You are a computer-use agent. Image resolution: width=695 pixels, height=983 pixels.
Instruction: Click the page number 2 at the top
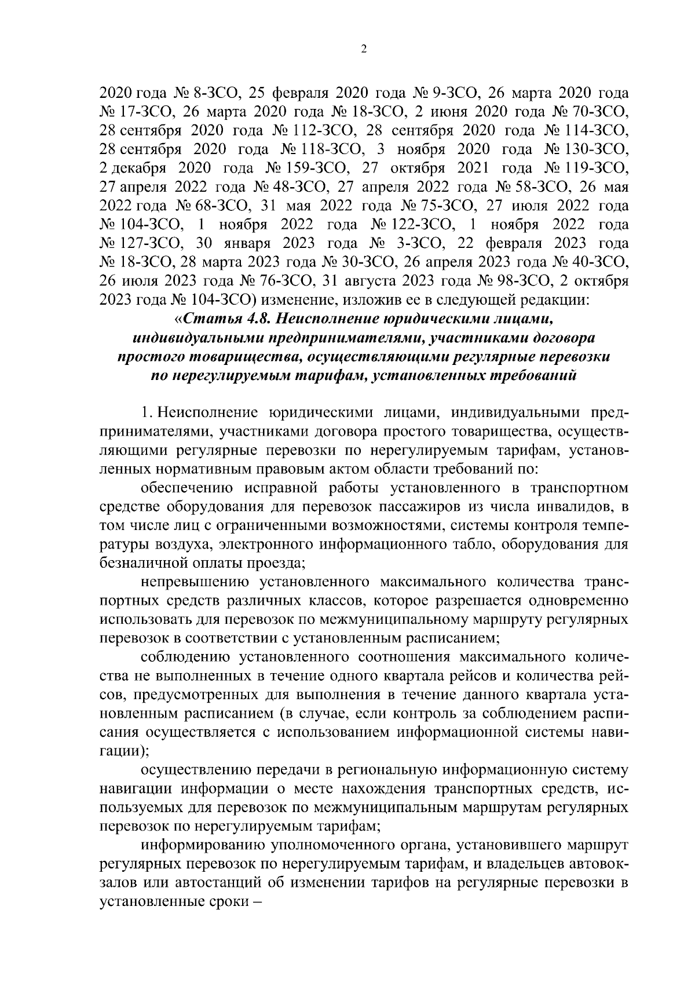point(363,50)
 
